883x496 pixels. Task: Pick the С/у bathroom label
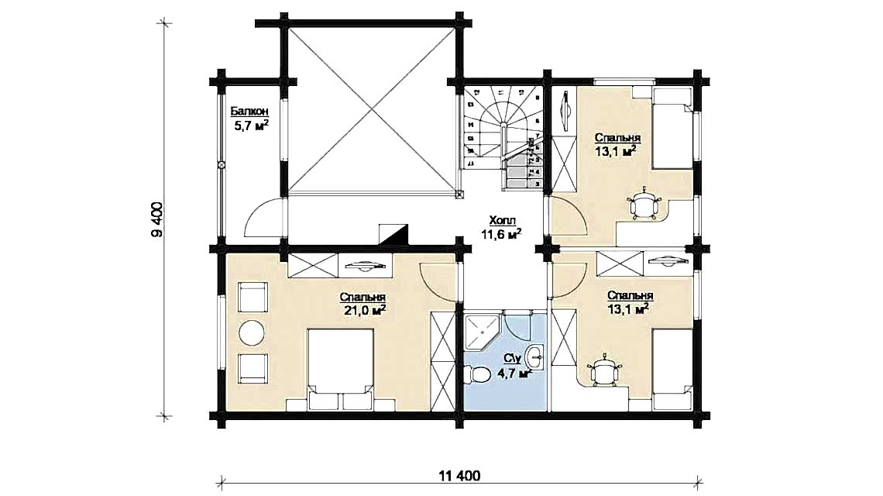coord(510,358)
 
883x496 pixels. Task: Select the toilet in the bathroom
coord(479,375)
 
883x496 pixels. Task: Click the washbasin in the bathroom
coord(534,357)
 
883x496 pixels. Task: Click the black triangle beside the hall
coord(393,234)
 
